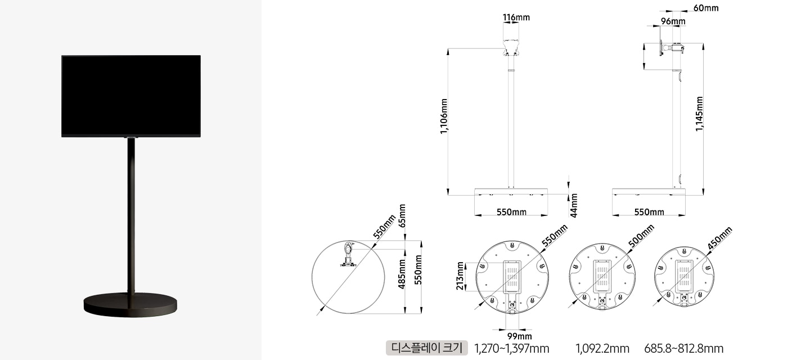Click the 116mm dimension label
[516, 17]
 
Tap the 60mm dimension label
[706, 8]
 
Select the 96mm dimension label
[673, 21]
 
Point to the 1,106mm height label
[444, 116]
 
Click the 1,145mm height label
[699, 114]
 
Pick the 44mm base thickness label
[574, 206]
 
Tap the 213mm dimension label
[460, 276]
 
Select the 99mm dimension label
[519, 336]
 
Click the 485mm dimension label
[402, 274]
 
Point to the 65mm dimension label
[402, 216]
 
